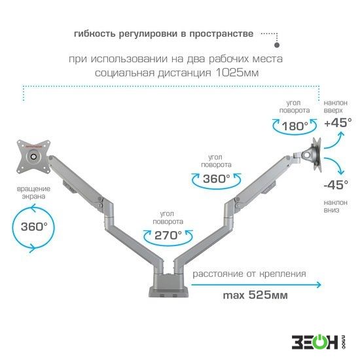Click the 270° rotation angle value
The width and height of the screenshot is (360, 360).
168,235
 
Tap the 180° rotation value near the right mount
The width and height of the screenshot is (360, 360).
295,126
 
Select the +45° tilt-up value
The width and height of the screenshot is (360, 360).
338,122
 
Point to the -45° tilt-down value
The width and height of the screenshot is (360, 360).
336,185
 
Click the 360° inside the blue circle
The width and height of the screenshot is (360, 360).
34,226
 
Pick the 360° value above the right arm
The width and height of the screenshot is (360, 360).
217,179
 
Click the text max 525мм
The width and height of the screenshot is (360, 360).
255,295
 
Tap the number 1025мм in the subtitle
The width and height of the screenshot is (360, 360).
237,73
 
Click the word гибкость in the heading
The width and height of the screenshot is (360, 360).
95,34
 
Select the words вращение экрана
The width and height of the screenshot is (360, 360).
33,192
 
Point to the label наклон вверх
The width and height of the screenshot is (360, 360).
335,107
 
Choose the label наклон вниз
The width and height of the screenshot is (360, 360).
335,206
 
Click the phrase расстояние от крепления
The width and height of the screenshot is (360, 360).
249,274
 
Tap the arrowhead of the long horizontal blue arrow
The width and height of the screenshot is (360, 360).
319,285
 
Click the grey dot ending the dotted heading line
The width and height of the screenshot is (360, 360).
277,45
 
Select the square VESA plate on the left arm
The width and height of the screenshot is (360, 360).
34,156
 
